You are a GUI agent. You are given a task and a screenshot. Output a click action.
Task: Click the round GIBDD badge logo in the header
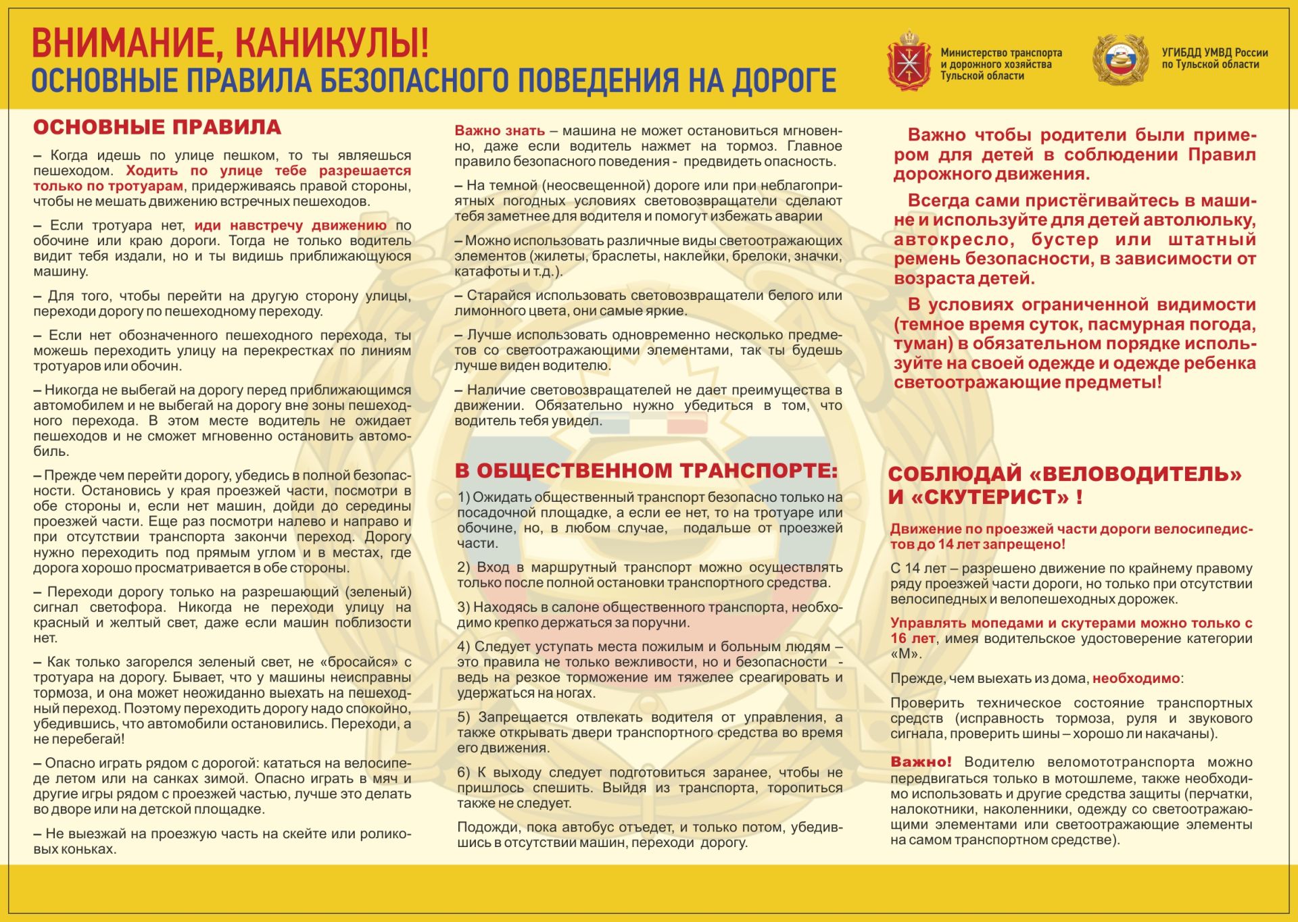click(x=1120, y=60)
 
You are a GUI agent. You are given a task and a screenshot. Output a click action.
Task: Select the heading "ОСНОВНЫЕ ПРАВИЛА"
click(x=157, y=127)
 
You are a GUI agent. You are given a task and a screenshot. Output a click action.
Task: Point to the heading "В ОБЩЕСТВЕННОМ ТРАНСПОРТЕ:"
click(x=646, y=471)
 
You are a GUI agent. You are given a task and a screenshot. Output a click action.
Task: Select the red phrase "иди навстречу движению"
click(x=291, y=226)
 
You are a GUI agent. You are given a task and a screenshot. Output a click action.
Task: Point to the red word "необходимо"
click(x=1136, y=678)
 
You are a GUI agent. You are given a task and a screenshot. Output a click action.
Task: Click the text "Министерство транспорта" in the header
click(x=1001, y=53)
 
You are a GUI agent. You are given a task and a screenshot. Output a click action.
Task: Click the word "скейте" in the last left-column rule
click(x=299, y=834)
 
